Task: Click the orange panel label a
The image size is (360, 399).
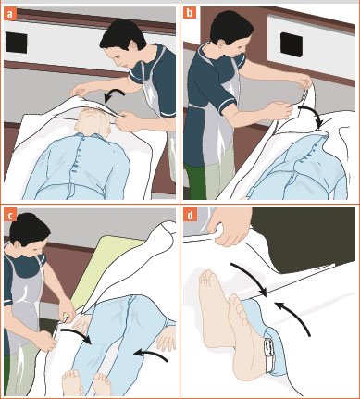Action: (10, 14)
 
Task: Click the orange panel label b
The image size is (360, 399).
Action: (190, 13)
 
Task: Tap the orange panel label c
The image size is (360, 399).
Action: (10, 215)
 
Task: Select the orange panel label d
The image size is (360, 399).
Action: (190, 215)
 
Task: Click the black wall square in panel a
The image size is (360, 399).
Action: (16, 43)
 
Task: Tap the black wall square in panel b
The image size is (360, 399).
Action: (292, 44)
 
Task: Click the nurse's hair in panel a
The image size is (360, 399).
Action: (123, 34)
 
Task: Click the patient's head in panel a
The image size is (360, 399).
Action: (93, 122)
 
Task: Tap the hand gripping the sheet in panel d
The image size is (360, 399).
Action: (230, 227)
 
